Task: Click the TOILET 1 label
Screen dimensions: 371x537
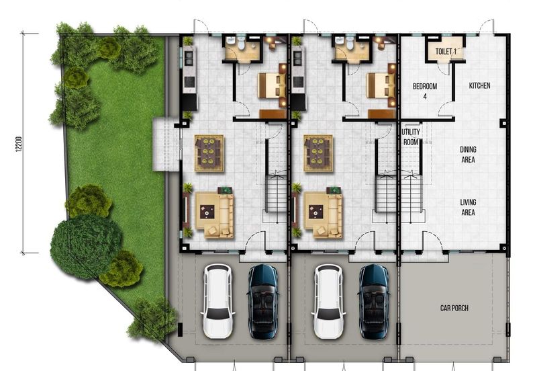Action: [446, 51]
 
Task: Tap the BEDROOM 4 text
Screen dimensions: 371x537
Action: [424, 91]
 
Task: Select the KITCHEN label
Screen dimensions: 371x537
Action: [479, 86]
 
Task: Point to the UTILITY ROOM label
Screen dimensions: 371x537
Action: [411, 137]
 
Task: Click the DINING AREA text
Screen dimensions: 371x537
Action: [468, 155]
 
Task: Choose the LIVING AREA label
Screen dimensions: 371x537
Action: [468, 207]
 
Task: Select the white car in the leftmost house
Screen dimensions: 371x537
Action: [217, 300]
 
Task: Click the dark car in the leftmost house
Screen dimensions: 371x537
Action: [263, 300]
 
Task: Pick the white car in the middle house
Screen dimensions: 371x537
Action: [328, 300]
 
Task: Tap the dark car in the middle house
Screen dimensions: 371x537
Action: [374, 300]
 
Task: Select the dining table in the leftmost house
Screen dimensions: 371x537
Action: [209, 153]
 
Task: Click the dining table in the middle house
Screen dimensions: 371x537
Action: [318, 153]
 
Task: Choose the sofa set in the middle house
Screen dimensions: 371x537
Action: [323, 214]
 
